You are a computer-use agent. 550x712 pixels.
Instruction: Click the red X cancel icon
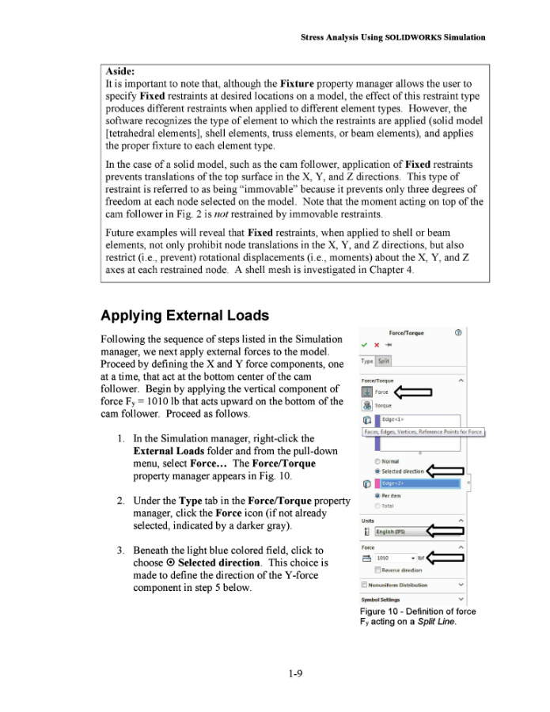[377, 345]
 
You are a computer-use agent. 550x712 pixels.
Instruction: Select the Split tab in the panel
[384, 361]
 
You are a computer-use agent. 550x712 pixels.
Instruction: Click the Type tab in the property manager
[367, 361]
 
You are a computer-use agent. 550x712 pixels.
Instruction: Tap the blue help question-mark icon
[458, 333]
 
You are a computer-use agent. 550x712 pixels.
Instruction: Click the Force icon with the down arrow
[367, 391]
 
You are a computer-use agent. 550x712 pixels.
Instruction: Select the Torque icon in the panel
[367, 405]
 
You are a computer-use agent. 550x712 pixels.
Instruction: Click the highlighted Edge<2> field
[419, 483]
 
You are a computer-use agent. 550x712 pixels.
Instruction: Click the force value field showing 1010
[392, 558]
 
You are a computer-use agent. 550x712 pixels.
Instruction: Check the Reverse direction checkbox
[377, 570]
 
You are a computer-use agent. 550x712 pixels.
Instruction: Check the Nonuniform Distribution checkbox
[364, 585]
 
